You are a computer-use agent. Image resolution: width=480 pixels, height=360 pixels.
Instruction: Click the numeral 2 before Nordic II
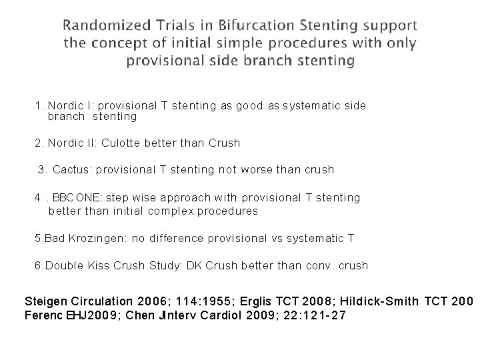click(x=37, y=143)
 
